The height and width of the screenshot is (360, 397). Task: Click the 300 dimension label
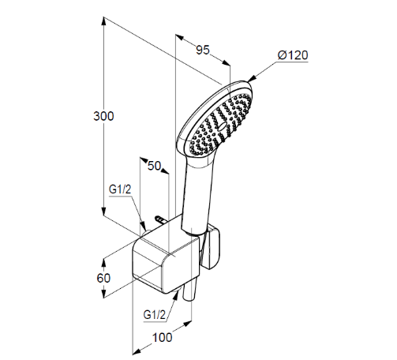pyautogui.click(x=103, y=116)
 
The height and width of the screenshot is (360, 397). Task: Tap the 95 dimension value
pyautogui.click(x=203, y=50)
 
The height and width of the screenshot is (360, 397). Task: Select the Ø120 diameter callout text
pyautogui.click(x=293, y=55)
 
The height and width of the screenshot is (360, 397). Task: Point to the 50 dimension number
pyautogui.click(x=154, y=166)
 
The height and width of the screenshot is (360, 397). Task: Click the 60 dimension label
pyautogui.click(x=103, y=278)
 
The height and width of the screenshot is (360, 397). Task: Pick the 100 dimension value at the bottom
pyautogui.click(x=163, y=337)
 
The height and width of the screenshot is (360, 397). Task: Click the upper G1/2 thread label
pyautogui.click(x=120, y=189)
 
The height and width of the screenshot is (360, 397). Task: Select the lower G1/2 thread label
pyautogui.click(x=155, y=315)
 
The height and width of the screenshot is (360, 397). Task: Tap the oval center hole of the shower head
pyautogui.click(x=223, y=126)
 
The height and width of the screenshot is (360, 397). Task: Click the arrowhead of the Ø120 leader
pyautogui.click(x=251, y=79)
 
